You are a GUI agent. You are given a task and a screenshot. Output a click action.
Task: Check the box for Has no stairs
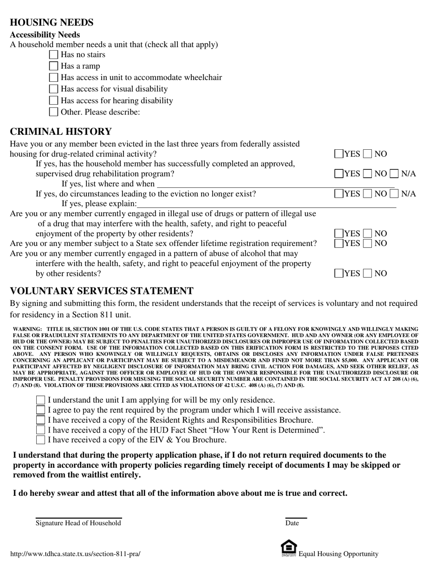tap(53, 55)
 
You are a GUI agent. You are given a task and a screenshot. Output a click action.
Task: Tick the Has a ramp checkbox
tap(53, 66)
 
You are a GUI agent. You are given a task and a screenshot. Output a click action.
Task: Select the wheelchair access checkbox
tap(53, 78)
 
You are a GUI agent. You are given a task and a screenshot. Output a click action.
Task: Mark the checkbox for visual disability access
tap(53, 89)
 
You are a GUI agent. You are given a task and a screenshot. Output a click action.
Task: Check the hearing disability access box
tap(53, 100)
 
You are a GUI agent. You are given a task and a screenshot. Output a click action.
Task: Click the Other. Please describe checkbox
tap(53, 112)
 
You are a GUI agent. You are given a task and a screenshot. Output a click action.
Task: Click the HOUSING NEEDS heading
tap(52, 22)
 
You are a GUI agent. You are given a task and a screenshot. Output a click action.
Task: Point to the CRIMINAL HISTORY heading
tap(61, 132)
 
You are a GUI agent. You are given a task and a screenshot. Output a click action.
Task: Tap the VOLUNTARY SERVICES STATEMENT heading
tap(102, 291)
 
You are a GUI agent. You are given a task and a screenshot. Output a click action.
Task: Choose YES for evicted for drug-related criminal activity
tap(339, 154)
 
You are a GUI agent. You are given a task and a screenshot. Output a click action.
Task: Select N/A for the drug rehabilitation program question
tap(394, 174)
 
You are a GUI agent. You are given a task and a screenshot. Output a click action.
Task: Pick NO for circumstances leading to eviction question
tap(368, 194)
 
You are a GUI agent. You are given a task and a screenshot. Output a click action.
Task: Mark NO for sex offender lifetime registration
tap(368, 243)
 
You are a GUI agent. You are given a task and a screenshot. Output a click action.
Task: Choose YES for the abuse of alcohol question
tap(339, 273)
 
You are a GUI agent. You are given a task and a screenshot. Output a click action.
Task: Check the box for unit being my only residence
tap(41, 400)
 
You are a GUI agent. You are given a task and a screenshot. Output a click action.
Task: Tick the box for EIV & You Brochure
tap(41, 440)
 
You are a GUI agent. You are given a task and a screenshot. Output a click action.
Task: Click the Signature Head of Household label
tap(78, 523)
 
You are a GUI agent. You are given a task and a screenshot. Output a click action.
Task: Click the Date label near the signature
tap(292, 523)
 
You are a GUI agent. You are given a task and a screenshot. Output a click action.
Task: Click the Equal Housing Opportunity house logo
tap(289, 549)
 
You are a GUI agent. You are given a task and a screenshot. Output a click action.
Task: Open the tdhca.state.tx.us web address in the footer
tap(75, 554)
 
